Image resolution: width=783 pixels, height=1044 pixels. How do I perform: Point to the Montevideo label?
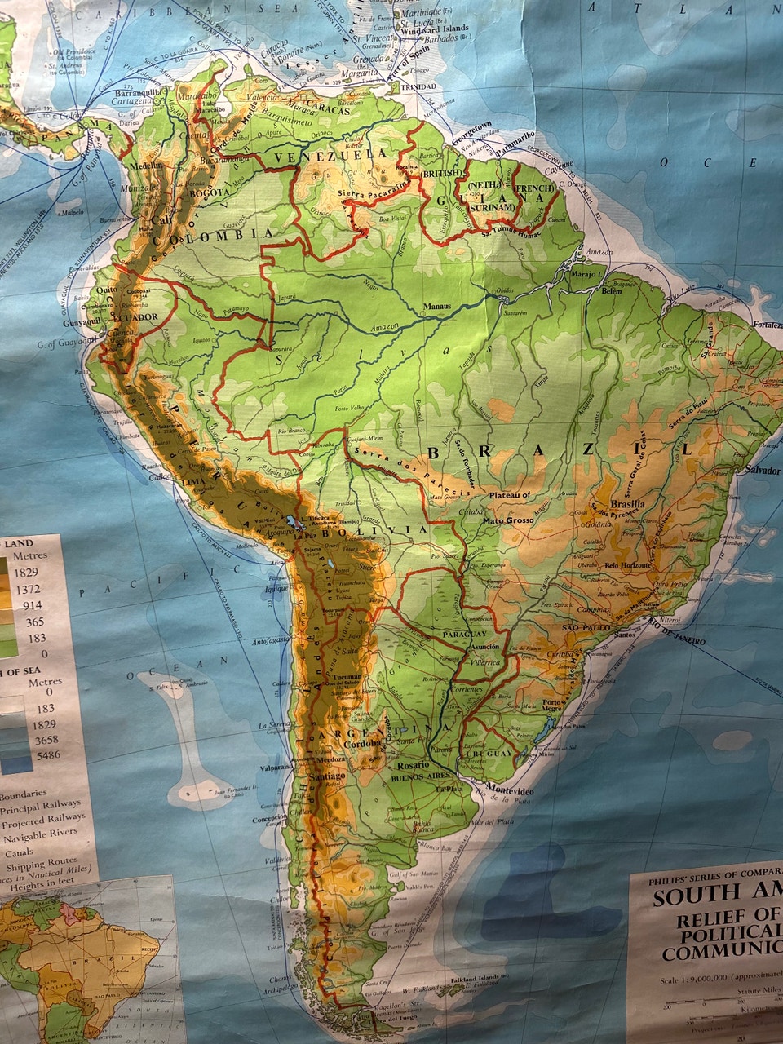512,792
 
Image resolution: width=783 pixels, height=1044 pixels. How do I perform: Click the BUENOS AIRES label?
422,777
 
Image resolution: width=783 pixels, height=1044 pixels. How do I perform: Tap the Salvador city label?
762,471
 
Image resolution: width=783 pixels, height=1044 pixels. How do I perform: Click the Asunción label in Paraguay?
484,646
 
